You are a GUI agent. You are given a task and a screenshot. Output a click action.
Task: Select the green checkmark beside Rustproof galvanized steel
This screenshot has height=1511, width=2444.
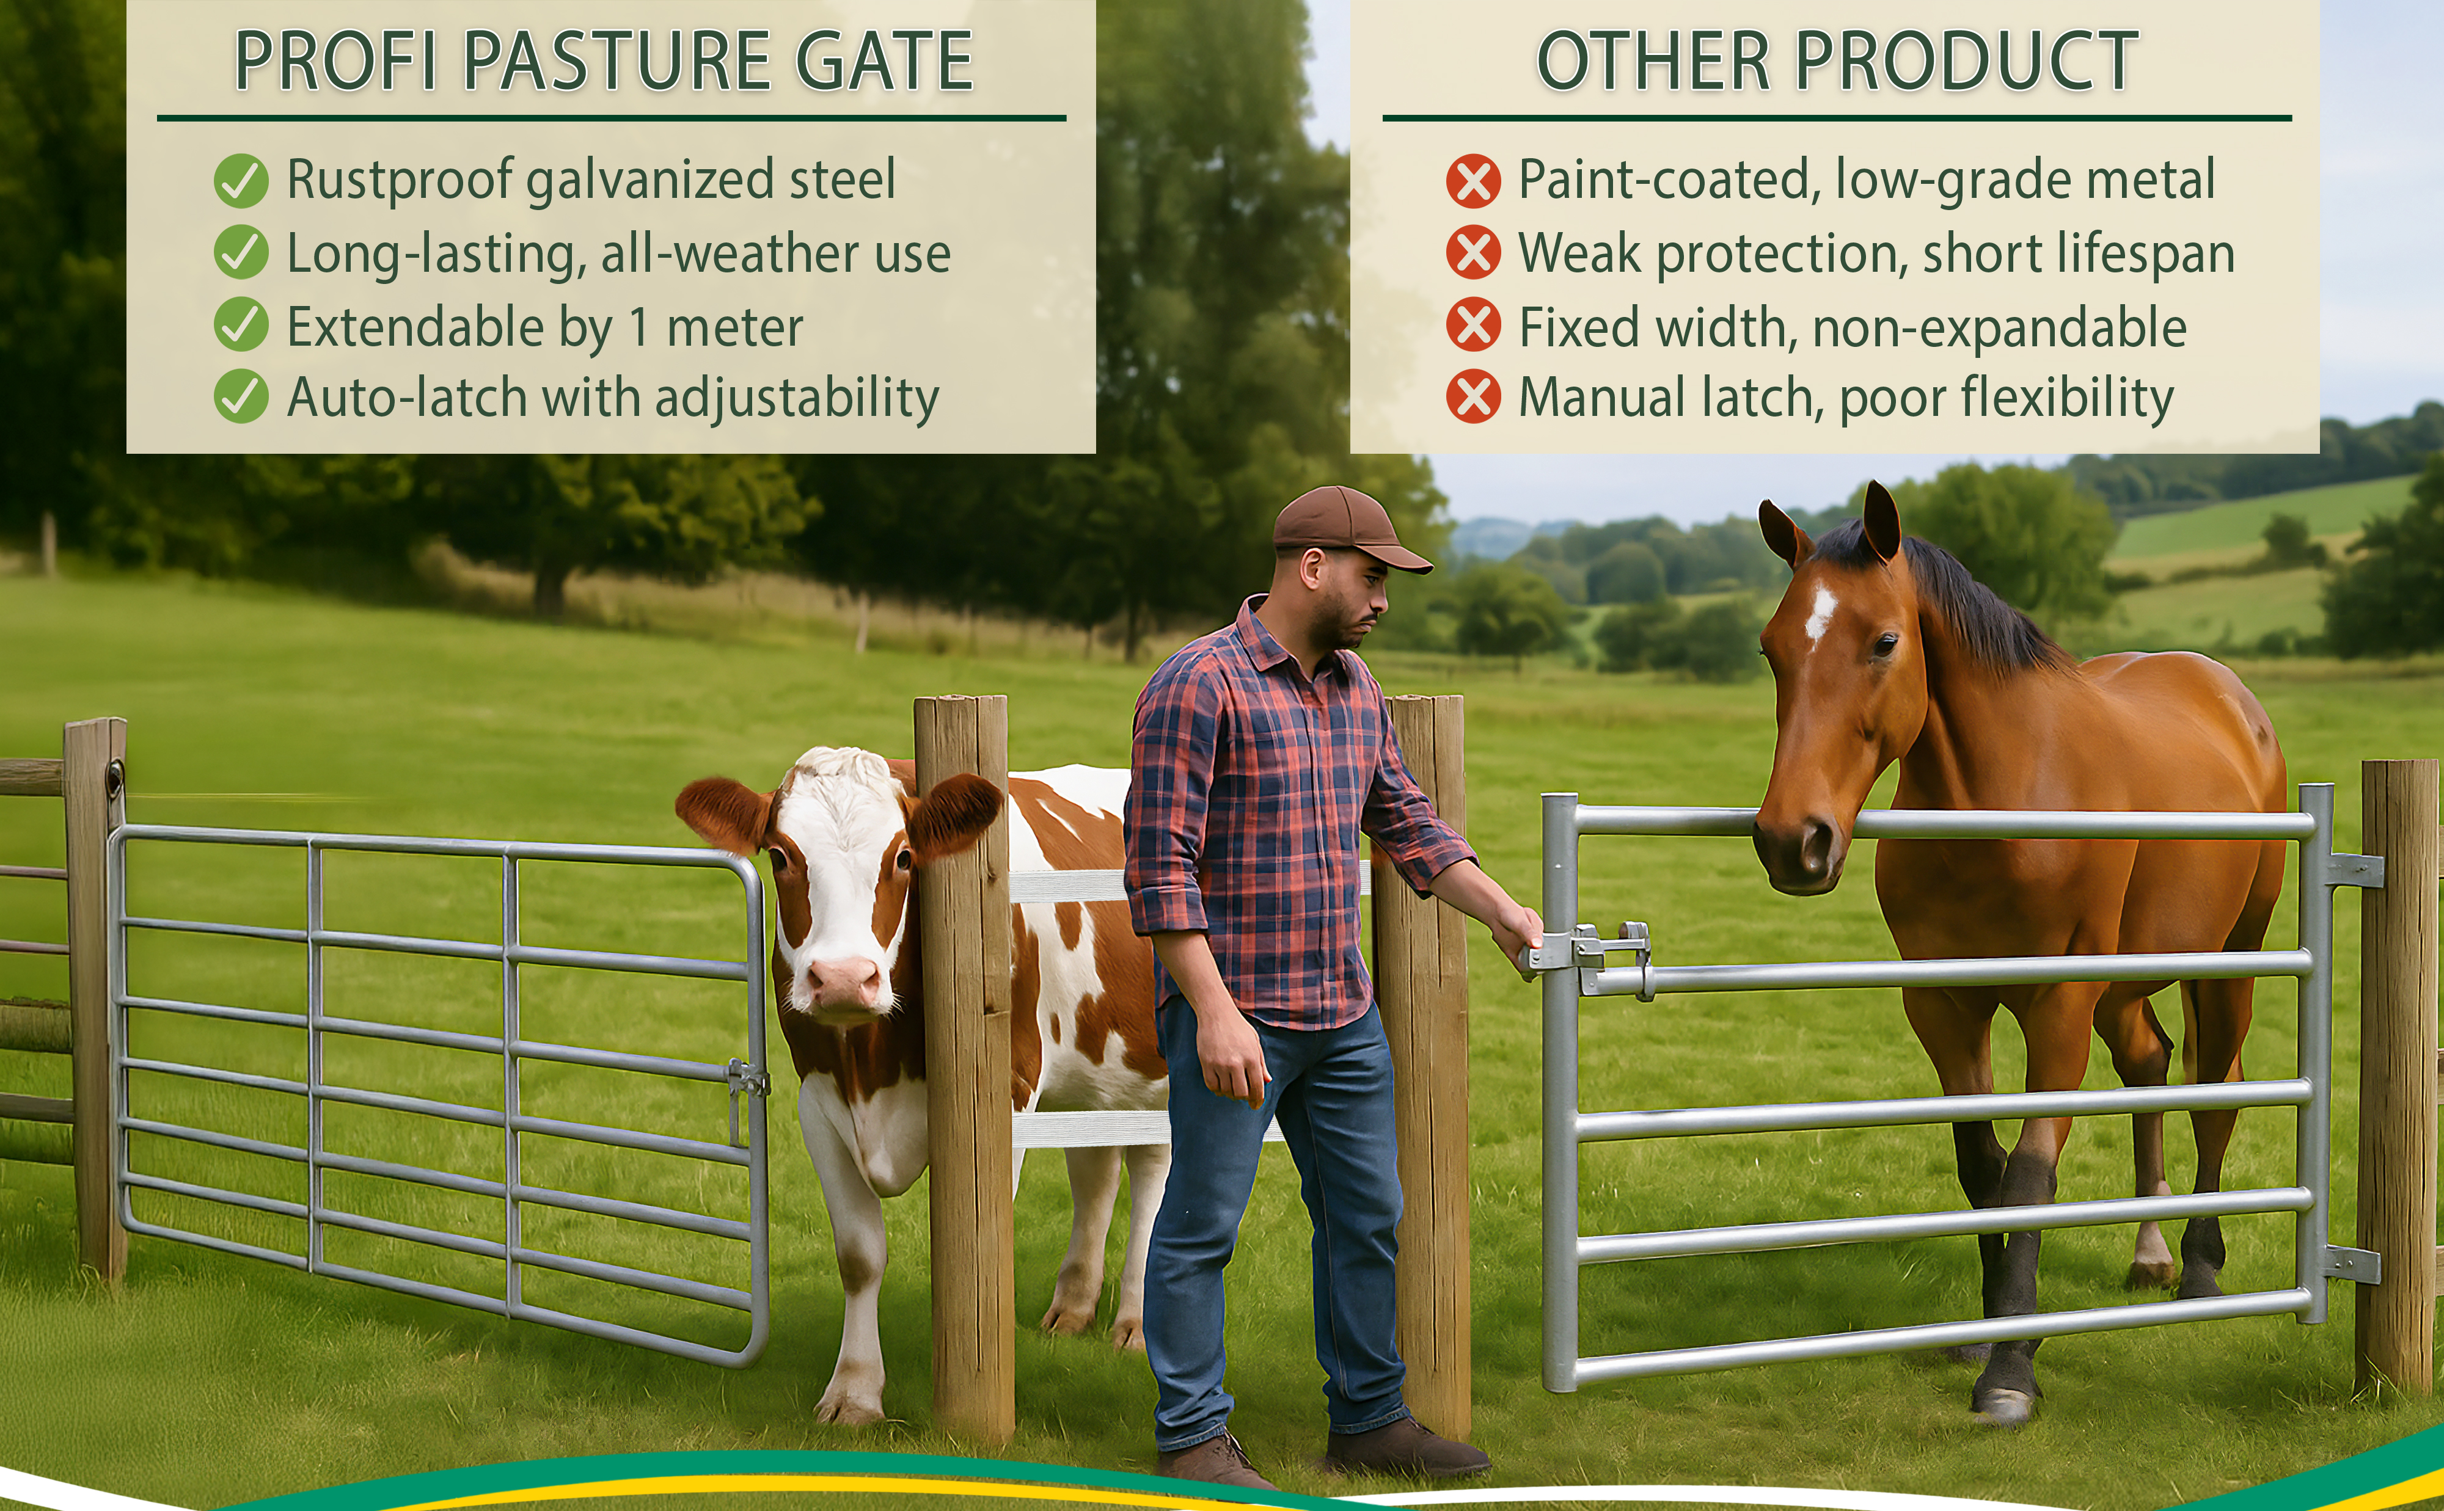pyautogui.click(x=241, y=181)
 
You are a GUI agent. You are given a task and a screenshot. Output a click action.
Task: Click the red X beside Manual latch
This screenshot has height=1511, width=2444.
pyautogui.click(x=1473, y=397)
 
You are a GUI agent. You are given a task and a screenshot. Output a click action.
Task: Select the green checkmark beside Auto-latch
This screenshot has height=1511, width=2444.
pyautogui.click(x=241, y=397)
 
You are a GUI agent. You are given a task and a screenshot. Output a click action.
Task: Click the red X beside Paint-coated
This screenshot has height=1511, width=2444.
pyautogui.click(x=1473, y=181)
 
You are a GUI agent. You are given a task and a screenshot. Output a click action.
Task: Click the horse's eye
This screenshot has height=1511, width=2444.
pyautogui.click(x=1885, y=644)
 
